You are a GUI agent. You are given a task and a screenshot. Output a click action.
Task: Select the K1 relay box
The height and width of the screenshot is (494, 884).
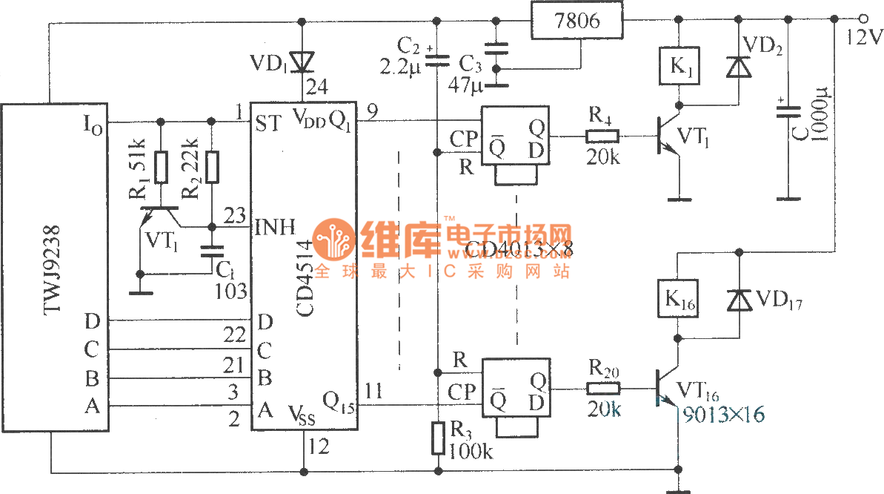click(679, 67)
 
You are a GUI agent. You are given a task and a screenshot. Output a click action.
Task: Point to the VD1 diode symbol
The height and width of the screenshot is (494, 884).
click(302, 62)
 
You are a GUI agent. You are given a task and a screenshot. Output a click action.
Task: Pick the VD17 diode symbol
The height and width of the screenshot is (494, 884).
click(738, 300)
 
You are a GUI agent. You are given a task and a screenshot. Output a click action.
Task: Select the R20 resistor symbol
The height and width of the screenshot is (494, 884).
click(602, 388)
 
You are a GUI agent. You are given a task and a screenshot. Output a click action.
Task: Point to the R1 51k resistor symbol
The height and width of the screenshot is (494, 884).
click(162, 167)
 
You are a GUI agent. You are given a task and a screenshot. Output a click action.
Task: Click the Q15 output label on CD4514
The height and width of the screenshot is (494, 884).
click(339, 406)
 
